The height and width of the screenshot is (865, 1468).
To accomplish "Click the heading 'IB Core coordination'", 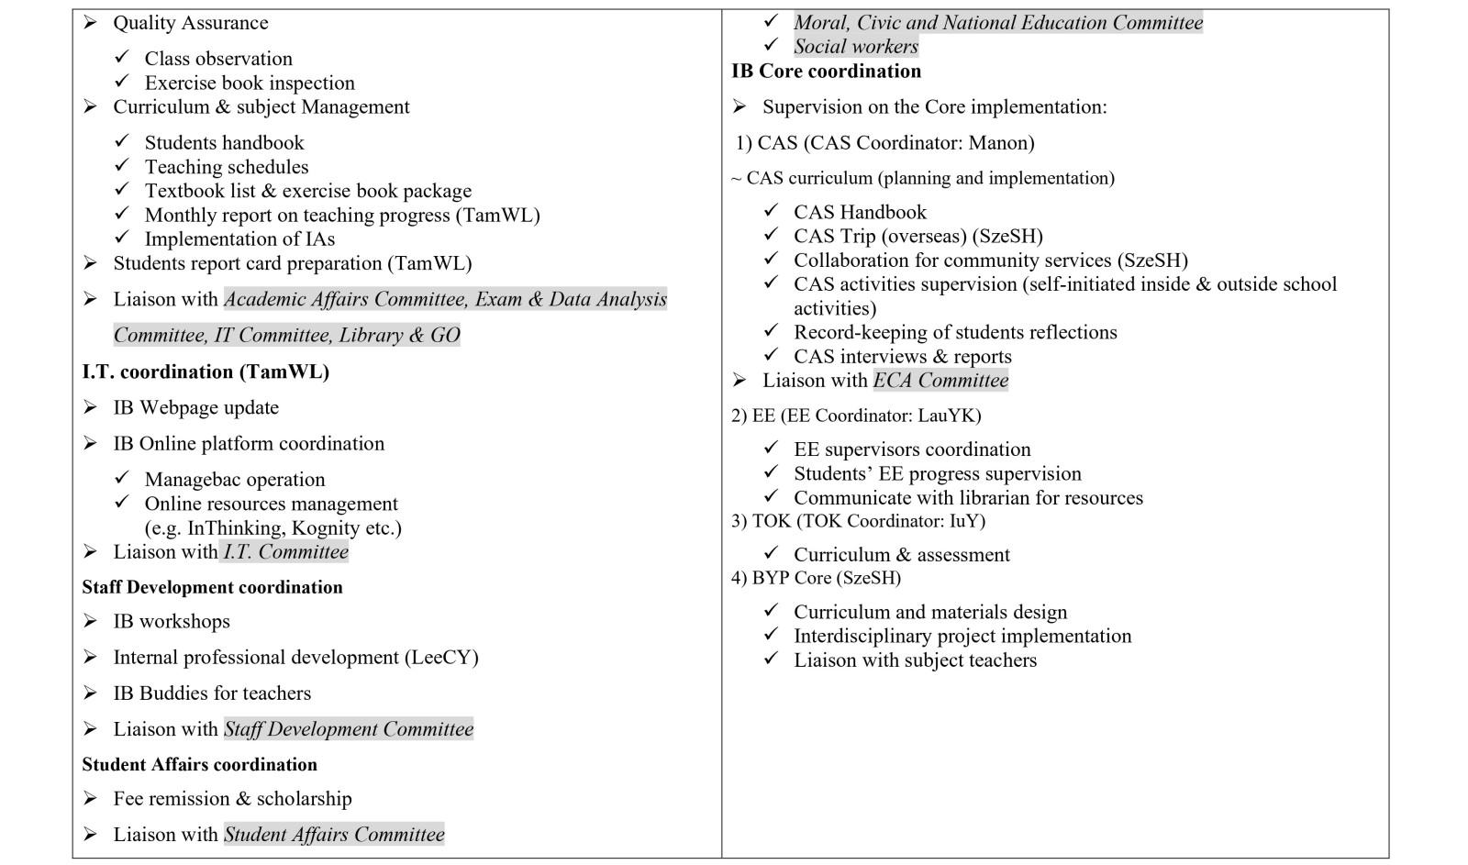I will tap(826, 72).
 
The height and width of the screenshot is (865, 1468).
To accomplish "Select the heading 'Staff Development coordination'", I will tap(212, 587).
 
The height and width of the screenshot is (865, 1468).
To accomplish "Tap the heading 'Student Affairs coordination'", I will tap(199, 764).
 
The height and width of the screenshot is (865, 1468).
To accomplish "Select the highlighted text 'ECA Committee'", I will tap(940, 381).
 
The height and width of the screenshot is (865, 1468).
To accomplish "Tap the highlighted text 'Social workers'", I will tap(856, 47).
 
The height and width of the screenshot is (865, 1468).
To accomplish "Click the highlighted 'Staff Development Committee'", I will tap(349, 729).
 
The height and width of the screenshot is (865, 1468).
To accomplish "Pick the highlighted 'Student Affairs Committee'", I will tap(334, 835).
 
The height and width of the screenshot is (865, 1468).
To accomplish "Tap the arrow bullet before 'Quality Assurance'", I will tap(90, 23).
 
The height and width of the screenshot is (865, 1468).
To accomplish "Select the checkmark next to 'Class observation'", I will tap(122, 58).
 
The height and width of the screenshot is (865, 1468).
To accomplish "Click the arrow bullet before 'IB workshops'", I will tap(90, 621).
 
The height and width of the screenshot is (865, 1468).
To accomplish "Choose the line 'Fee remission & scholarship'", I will tap(232, 799).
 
